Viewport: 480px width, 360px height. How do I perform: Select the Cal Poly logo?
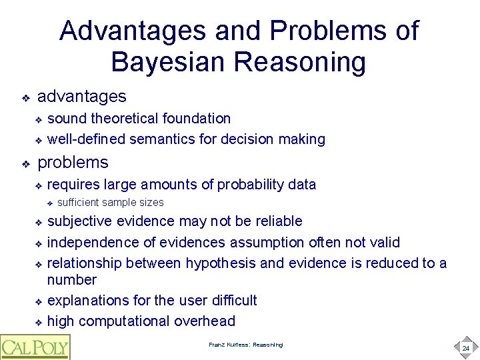35,347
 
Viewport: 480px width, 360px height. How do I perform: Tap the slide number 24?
465,348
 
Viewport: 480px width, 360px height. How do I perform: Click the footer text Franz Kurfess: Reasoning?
245,345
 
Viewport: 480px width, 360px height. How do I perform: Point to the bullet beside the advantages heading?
25,98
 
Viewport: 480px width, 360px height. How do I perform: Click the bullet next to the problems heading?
25,163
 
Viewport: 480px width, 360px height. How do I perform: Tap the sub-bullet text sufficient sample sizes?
111,203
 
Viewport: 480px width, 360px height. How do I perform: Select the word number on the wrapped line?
72,280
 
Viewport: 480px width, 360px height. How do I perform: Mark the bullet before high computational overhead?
39,322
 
